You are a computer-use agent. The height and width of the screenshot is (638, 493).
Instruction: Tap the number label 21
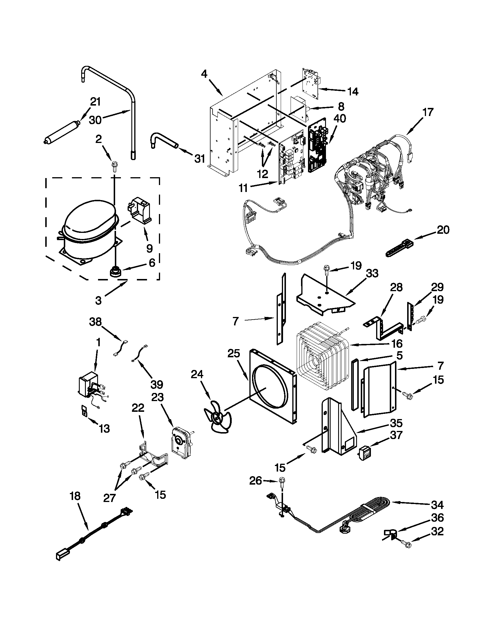95,102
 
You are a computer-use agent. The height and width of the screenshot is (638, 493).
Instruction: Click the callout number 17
427,112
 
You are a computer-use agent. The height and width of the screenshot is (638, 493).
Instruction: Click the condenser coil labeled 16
321,356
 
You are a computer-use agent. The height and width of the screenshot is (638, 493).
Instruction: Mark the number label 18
75,496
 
